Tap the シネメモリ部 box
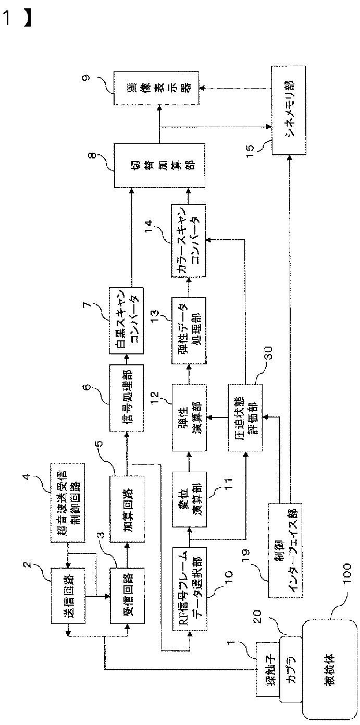pos(289,109)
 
